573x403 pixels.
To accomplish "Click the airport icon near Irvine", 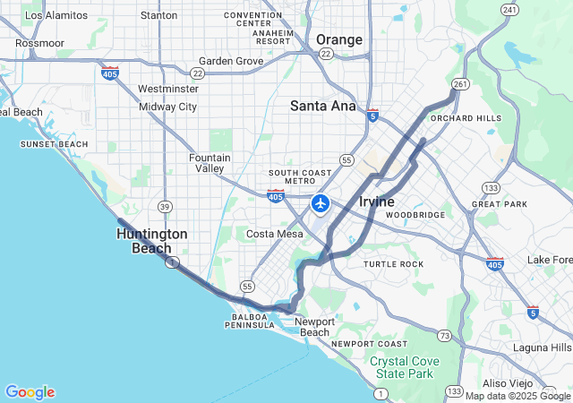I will click(x=321, y=203).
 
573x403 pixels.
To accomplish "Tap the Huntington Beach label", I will click(x=152, y=240).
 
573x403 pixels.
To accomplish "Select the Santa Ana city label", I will click(x=322, y=106).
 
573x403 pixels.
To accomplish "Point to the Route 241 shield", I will click(x=509, y=10).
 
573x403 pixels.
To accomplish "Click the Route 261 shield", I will click(x=460, y=84).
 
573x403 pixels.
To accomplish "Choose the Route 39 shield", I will click(x=164, y=207).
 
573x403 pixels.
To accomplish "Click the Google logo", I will click(x=30, y=392).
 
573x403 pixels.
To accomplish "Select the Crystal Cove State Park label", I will click(x=402, y=367).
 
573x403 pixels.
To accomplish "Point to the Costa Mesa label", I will click(x=275, y=233).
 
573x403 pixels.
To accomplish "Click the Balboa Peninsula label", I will click(x=239, y=321).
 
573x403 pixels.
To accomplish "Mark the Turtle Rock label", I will click(x=393, y=264).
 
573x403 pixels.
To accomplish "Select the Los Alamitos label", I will click(x=57, y=15).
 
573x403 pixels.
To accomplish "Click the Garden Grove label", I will click(x=231, y=61).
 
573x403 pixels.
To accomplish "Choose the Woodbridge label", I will click(x=415, y=215).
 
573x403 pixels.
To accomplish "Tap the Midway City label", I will click(x=167, y=107).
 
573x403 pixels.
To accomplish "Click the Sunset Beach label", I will click(x=55, y=144).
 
